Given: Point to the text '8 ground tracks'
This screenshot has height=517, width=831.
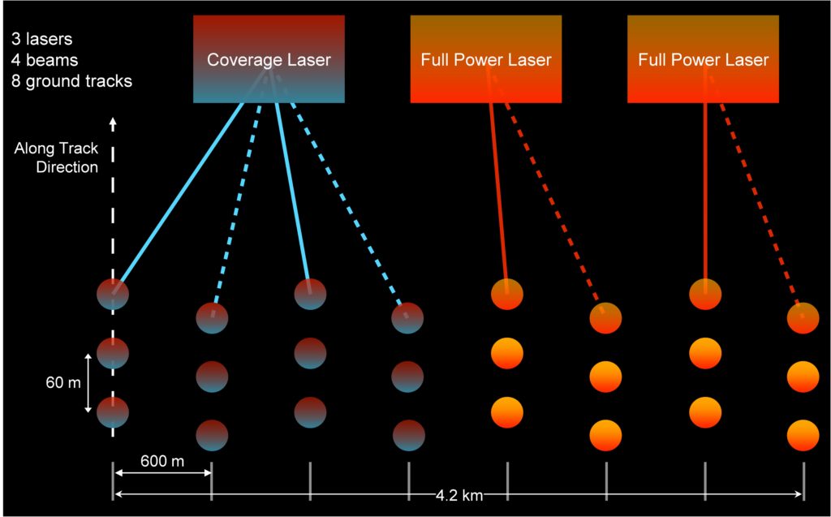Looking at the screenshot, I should pos(71,81).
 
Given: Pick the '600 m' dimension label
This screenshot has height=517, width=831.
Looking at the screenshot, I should pos(162,462).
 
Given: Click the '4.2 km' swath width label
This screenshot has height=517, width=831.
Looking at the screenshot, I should pos(459,495).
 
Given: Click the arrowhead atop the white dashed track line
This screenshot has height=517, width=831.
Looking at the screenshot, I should pos(113,123).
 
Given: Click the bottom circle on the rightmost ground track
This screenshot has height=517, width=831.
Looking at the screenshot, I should pos(803,434).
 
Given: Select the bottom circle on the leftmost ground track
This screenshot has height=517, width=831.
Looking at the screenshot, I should pos(113,412).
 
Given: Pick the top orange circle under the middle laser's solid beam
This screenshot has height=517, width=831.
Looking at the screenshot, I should pos(507,294).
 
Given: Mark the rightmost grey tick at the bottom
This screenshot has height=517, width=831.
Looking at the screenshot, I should pos(803,480).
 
